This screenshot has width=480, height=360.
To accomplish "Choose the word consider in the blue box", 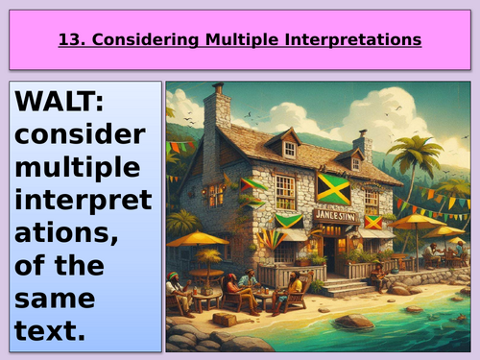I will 80,135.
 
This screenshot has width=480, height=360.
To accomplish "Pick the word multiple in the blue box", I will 78,169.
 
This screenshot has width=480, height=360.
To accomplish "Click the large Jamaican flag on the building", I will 333,188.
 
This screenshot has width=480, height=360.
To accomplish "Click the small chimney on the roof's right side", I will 363,146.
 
